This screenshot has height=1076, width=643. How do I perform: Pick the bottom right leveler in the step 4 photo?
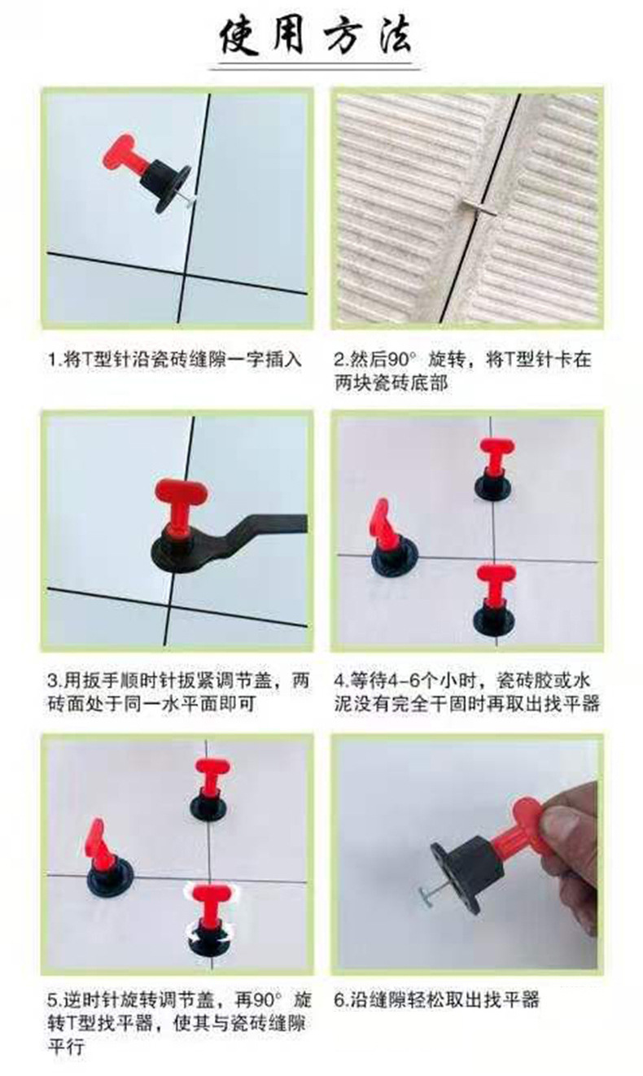[x=495, y=598]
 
